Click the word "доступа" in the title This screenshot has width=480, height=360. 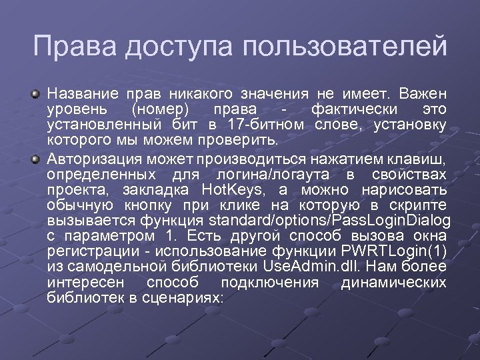coord(168,47)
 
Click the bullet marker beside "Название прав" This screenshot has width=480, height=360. coord(39,95)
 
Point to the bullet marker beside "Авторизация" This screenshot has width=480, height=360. coord(39,158)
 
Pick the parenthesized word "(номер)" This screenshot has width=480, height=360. coord(160,109)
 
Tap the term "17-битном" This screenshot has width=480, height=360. coord(266,124)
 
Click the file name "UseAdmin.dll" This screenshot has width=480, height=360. coord(310,267)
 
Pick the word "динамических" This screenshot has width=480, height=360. coord(393,283)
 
